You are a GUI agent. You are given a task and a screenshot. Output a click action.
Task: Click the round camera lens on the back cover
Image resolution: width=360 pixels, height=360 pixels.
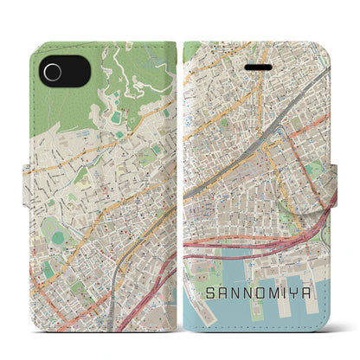pyautogui.click(x=54, y=73)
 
